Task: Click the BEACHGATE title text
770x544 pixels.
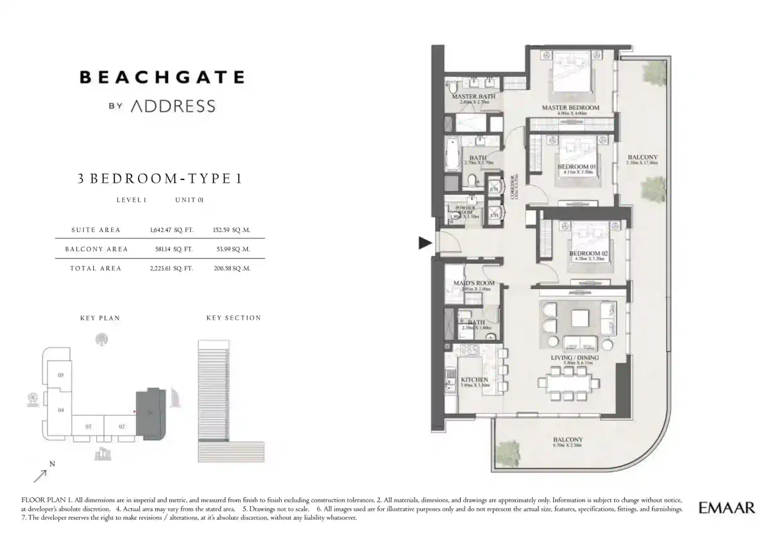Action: coord(162,78)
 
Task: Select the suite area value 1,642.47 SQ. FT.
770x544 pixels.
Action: coord(167,229)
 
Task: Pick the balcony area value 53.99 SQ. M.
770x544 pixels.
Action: coord(231,249)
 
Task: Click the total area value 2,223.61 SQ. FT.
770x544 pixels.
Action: coord(167,268)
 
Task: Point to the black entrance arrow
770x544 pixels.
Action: coord(424,242)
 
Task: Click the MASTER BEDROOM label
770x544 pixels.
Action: coord(570,108)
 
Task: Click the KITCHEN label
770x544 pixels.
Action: coord(474,379)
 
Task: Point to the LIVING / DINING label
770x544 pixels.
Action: coord(574,358)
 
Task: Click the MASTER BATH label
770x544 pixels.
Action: coord(470,97)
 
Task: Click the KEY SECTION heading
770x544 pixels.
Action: coord(234,318)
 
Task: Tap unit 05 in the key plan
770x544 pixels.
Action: coord(60,375)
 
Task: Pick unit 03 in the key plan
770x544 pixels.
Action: coord(89,425)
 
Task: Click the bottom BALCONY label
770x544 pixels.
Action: coord(567,440)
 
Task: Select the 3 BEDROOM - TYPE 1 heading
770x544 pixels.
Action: coord(160,179)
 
